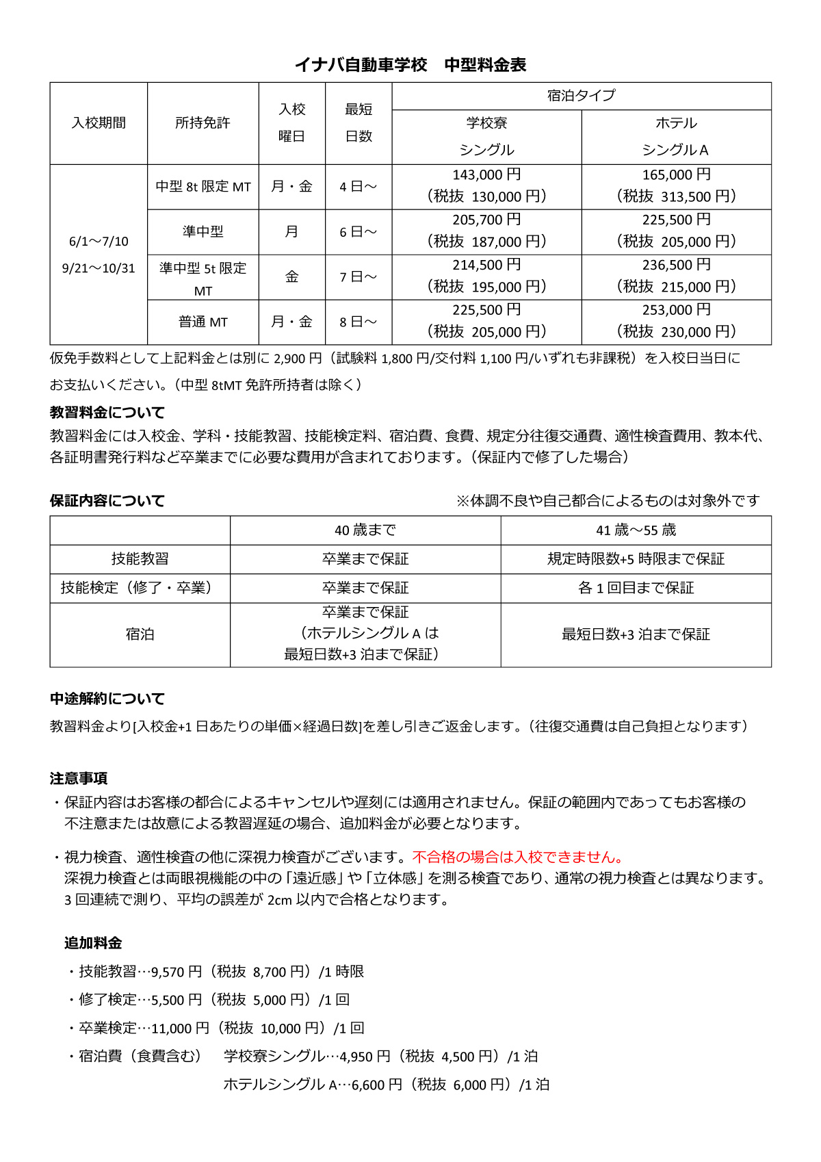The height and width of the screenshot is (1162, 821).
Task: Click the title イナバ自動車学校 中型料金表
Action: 410,65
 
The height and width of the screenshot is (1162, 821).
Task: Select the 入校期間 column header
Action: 99,123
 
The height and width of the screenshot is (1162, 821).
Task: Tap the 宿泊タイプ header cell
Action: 581,96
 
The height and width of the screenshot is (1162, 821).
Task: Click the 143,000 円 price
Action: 486,175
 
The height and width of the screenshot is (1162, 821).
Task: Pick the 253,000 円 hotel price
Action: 676,310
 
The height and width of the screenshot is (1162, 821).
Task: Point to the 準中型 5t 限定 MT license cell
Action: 203,278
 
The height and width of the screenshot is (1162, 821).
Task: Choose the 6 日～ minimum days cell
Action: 358,232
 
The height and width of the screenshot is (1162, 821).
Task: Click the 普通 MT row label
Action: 203,322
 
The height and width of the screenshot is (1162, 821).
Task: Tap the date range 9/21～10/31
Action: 99,268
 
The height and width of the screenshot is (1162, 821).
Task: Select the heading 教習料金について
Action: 107,413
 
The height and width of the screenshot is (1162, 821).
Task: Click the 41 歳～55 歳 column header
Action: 636,530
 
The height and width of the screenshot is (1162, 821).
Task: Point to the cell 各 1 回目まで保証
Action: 636,588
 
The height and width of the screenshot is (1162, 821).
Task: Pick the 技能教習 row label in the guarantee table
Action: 140,559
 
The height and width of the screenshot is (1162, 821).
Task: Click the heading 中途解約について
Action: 107,699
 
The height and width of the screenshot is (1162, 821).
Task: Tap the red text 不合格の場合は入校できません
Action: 517,857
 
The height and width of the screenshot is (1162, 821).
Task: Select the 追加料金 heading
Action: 93,943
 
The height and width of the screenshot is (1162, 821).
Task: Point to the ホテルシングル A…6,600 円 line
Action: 386,1085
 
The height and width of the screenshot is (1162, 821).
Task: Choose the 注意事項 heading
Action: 79,778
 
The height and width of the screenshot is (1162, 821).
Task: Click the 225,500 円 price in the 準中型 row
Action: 676,220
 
